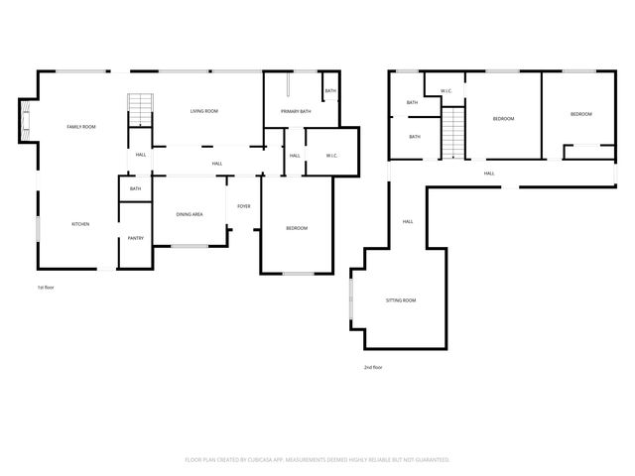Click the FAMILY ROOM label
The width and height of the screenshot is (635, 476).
click(81, 127)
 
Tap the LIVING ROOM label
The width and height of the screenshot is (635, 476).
click(204, 111)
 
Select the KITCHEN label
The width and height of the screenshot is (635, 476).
click(80, 224)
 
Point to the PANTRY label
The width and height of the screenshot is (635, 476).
click(135, 238)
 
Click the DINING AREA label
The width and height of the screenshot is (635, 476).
click(190, 214)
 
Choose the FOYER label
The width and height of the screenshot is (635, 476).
click(243, 205)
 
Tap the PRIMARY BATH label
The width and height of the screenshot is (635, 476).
click(295, 111)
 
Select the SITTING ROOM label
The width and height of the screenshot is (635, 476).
click(401, 299)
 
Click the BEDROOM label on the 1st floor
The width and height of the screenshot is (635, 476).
click(297, 228)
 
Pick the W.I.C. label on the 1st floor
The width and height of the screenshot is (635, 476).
click(331, 156)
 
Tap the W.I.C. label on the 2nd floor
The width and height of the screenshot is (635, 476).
click(446, 92)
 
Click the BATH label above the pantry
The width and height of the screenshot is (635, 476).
click(135, 188)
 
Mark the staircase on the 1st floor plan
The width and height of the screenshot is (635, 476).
click(140, 109)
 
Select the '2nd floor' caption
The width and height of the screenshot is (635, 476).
click(372, 367)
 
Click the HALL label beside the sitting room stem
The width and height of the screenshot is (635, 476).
click(408, 221)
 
